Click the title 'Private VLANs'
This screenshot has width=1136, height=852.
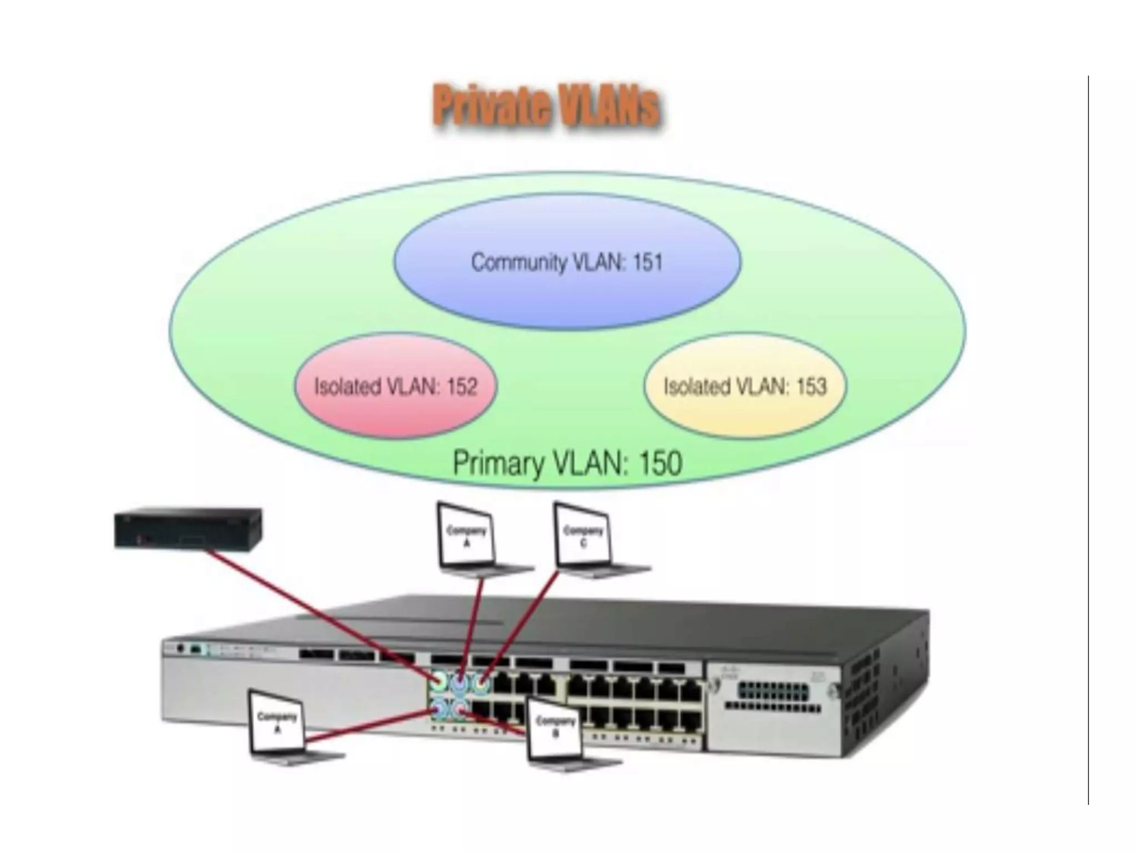[x=546, y=105]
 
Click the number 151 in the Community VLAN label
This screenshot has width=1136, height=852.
[x=647, y=262]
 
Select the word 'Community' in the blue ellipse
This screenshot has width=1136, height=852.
[x=519, y=262]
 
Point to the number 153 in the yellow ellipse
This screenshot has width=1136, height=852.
[x=811, y=387]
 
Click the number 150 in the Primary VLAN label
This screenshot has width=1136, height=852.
[x=660, y=464]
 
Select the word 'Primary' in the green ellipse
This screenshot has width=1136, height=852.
[x=498, y=464]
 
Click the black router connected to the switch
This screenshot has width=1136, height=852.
[x=188, y=529]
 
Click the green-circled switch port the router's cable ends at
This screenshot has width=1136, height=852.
[x=440, y=679]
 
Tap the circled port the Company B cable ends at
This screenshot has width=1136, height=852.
[x=459, y=709]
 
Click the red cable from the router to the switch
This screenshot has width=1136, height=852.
[x=316, y=610]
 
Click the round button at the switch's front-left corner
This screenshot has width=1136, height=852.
[x=179, y=648]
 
